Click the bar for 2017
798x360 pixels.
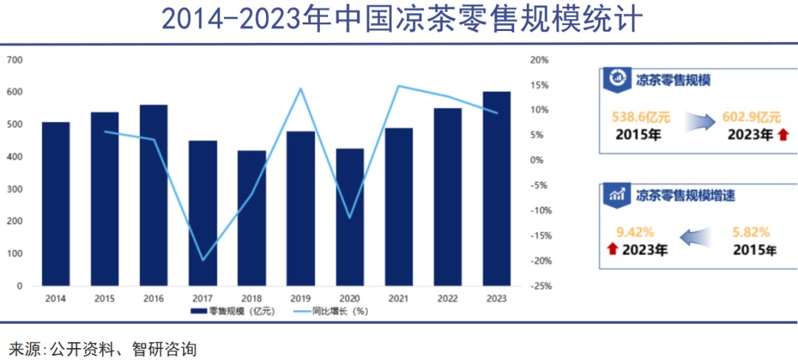(x=202, y=213)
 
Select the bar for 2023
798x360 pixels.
(x=496, y=189)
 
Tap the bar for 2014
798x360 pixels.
(x=55, y=204)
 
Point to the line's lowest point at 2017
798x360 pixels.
(x=202, y=260)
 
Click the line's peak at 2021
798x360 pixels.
(x=399, y=86)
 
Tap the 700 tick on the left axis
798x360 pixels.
(x=15, y=60)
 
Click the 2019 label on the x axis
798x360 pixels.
(x=301, y=299)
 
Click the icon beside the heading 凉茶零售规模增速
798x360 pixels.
(x=618, y=195)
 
